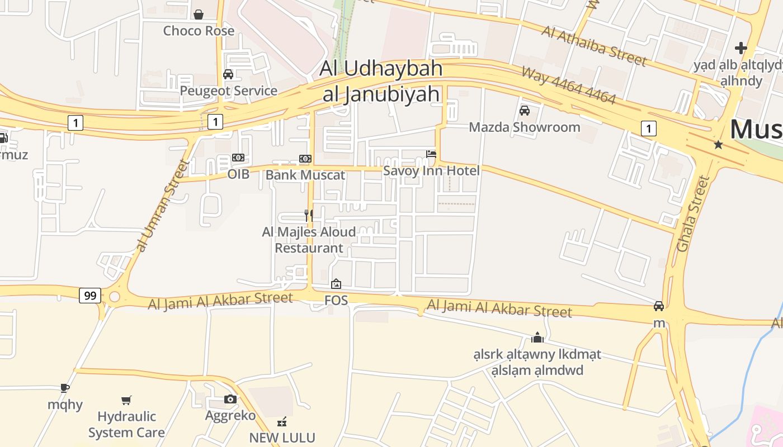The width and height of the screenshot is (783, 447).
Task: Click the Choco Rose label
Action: pos(199,31)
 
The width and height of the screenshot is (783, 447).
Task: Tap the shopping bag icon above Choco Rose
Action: pos(199,14)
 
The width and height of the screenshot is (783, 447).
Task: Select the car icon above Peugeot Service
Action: pos(228,74)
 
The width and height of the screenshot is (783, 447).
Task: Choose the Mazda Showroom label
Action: pos(525,127)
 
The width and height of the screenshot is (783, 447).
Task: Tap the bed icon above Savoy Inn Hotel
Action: pos(431,154)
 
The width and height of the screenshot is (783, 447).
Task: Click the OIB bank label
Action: pos(238,174)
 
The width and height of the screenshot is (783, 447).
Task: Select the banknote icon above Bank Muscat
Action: pos(305,159)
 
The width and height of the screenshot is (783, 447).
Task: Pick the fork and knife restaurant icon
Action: pos(309,215)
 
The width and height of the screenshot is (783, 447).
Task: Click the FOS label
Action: pos(336,301)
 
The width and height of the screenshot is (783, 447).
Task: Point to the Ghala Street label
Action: pos(693,213)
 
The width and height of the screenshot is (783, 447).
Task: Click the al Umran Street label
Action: pos(161,205)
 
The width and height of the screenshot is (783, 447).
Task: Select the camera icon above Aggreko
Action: pos(230,399)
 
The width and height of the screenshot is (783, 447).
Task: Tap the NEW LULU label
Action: pos(282,438)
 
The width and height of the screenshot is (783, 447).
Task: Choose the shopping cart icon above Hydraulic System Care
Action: pos(126,400)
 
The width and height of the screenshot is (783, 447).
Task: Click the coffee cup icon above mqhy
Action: pos(65,388)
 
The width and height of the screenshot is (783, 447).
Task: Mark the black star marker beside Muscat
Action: pos(718,145)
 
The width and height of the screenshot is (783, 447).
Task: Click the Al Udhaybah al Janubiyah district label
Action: pos(381,81)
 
